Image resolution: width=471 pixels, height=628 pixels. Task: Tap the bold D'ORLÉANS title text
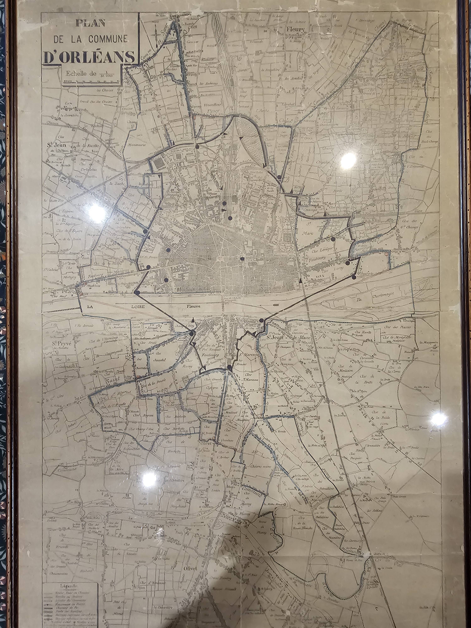[x=89, y=57]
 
